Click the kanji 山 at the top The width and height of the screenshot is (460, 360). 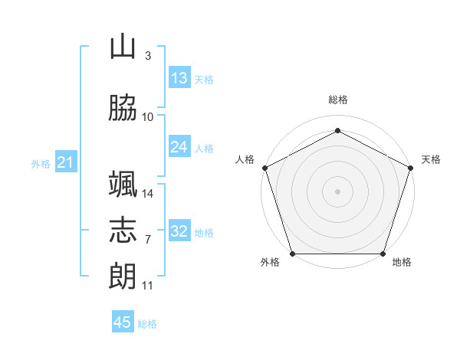pos(123,46)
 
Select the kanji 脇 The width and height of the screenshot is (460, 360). pos(123,107)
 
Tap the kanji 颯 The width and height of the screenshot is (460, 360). pos(123,184)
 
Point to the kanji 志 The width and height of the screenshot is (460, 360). pos(123,230)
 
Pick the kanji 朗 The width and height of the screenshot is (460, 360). pos(123,276)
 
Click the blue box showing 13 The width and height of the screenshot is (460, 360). pos(179,77)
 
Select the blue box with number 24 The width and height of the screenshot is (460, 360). pos(179,146)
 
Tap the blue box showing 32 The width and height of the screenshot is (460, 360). pos(179,230)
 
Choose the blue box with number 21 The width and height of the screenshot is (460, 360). pos(66,162)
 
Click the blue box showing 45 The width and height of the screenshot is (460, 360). pos(123,321)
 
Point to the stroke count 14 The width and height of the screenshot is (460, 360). pos(147,194)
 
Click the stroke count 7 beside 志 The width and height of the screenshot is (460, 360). pos(148,240)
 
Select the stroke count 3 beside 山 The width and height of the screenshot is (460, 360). pos(148,56)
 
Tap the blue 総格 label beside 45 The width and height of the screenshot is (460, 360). pos(147,324)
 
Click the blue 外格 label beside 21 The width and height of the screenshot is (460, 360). pos(41,164)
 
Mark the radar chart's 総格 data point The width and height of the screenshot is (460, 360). pos(337,130)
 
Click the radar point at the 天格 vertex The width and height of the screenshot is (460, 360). pos(410,168)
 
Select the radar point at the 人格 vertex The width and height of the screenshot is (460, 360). pos(265,168)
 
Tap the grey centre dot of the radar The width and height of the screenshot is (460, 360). pos(337,191)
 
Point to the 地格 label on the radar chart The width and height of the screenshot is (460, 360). pos(402,262)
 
